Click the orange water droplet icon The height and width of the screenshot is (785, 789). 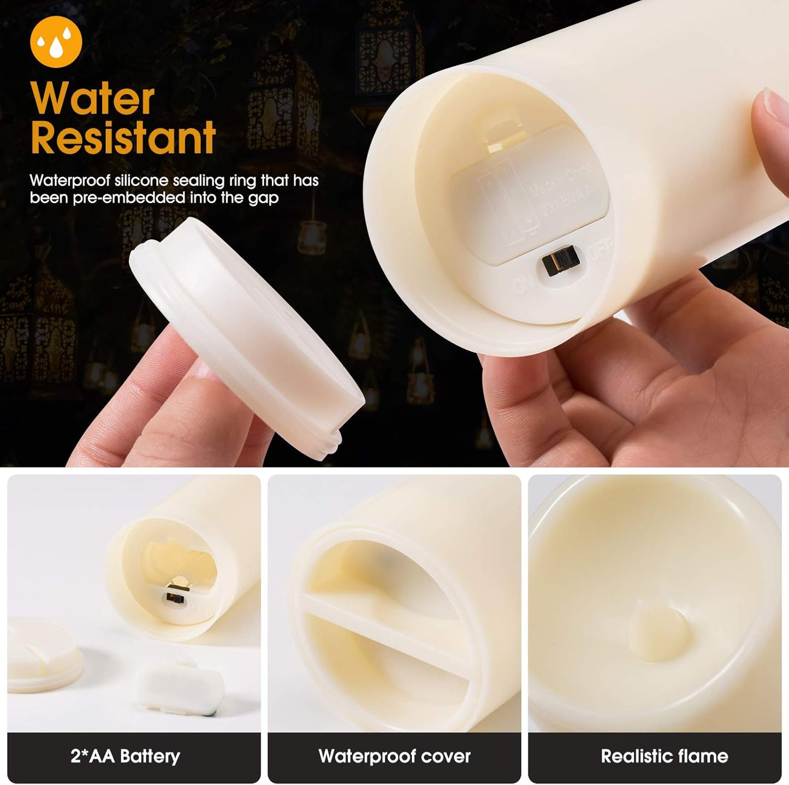(56, 42)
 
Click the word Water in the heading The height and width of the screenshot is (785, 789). (93, 99)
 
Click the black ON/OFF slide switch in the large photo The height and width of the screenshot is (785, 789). (560, 263)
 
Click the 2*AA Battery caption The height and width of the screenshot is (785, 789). (125, 757)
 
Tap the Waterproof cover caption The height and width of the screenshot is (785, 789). (394, 757)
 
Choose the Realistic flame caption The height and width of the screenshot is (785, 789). (664, 757)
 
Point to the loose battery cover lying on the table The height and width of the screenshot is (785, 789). (179, 686)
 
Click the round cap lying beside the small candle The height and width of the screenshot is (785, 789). (44, 655)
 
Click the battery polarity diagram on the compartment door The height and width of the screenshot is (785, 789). (505, 202)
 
